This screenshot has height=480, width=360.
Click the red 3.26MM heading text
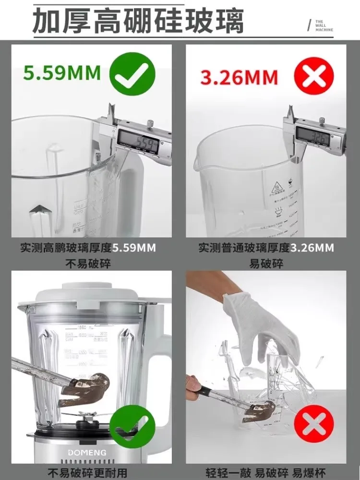[239, 77]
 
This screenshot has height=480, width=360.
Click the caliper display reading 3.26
[312, 137]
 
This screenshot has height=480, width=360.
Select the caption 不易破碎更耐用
[88, 473]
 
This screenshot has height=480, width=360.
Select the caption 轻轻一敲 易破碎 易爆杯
[265, 473]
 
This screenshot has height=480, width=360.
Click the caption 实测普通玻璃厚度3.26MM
[266, 248]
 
